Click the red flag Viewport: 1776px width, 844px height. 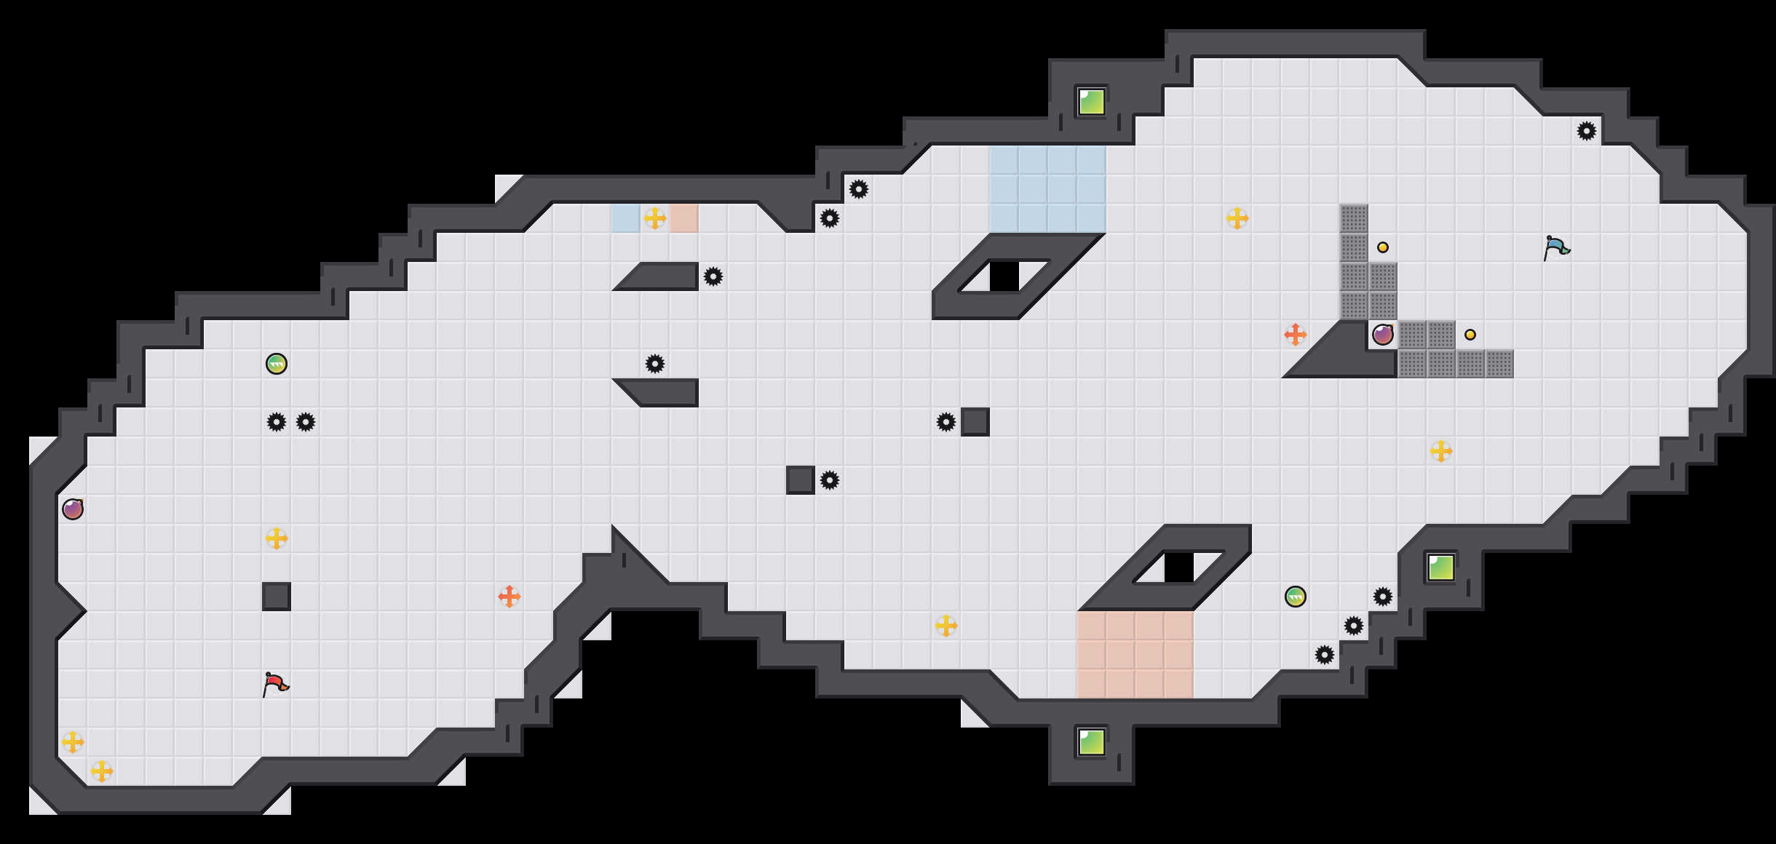coord(275,684)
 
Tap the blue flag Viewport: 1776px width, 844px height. coord(1556,247)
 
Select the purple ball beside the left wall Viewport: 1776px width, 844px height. coord(73,509)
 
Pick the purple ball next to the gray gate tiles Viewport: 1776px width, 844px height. coord(1383,335)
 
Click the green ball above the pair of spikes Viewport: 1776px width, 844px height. coord(277,364)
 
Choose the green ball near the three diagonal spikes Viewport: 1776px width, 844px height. coord(1296,597)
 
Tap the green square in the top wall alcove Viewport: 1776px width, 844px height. coord(1092,102)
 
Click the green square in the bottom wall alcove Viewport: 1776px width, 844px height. coord(1092,742)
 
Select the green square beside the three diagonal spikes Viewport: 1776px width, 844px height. coord(1441,568)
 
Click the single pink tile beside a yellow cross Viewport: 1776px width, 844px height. coord(684,218)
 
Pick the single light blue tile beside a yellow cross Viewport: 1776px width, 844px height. coord(626,218)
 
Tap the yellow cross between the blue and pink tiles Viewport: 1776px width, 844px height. coord(655,218)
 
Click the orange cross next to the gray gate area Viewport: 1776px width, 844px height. coord(1296,335)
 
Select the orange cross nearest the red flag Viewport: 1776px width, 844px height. coord(510,597)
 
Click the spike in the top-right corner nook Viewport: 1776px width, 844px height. coord(1587,131)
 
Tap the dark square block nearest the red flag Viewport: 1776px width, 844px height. coord(277,597)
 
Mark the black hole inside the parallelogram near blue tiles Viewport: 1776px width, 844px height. coord(1004,276)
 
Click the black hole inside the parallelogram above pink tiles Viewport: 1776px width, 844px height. coord(1179,568)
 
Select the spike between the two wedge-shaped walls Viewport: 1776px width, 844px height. coord(655,364)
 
